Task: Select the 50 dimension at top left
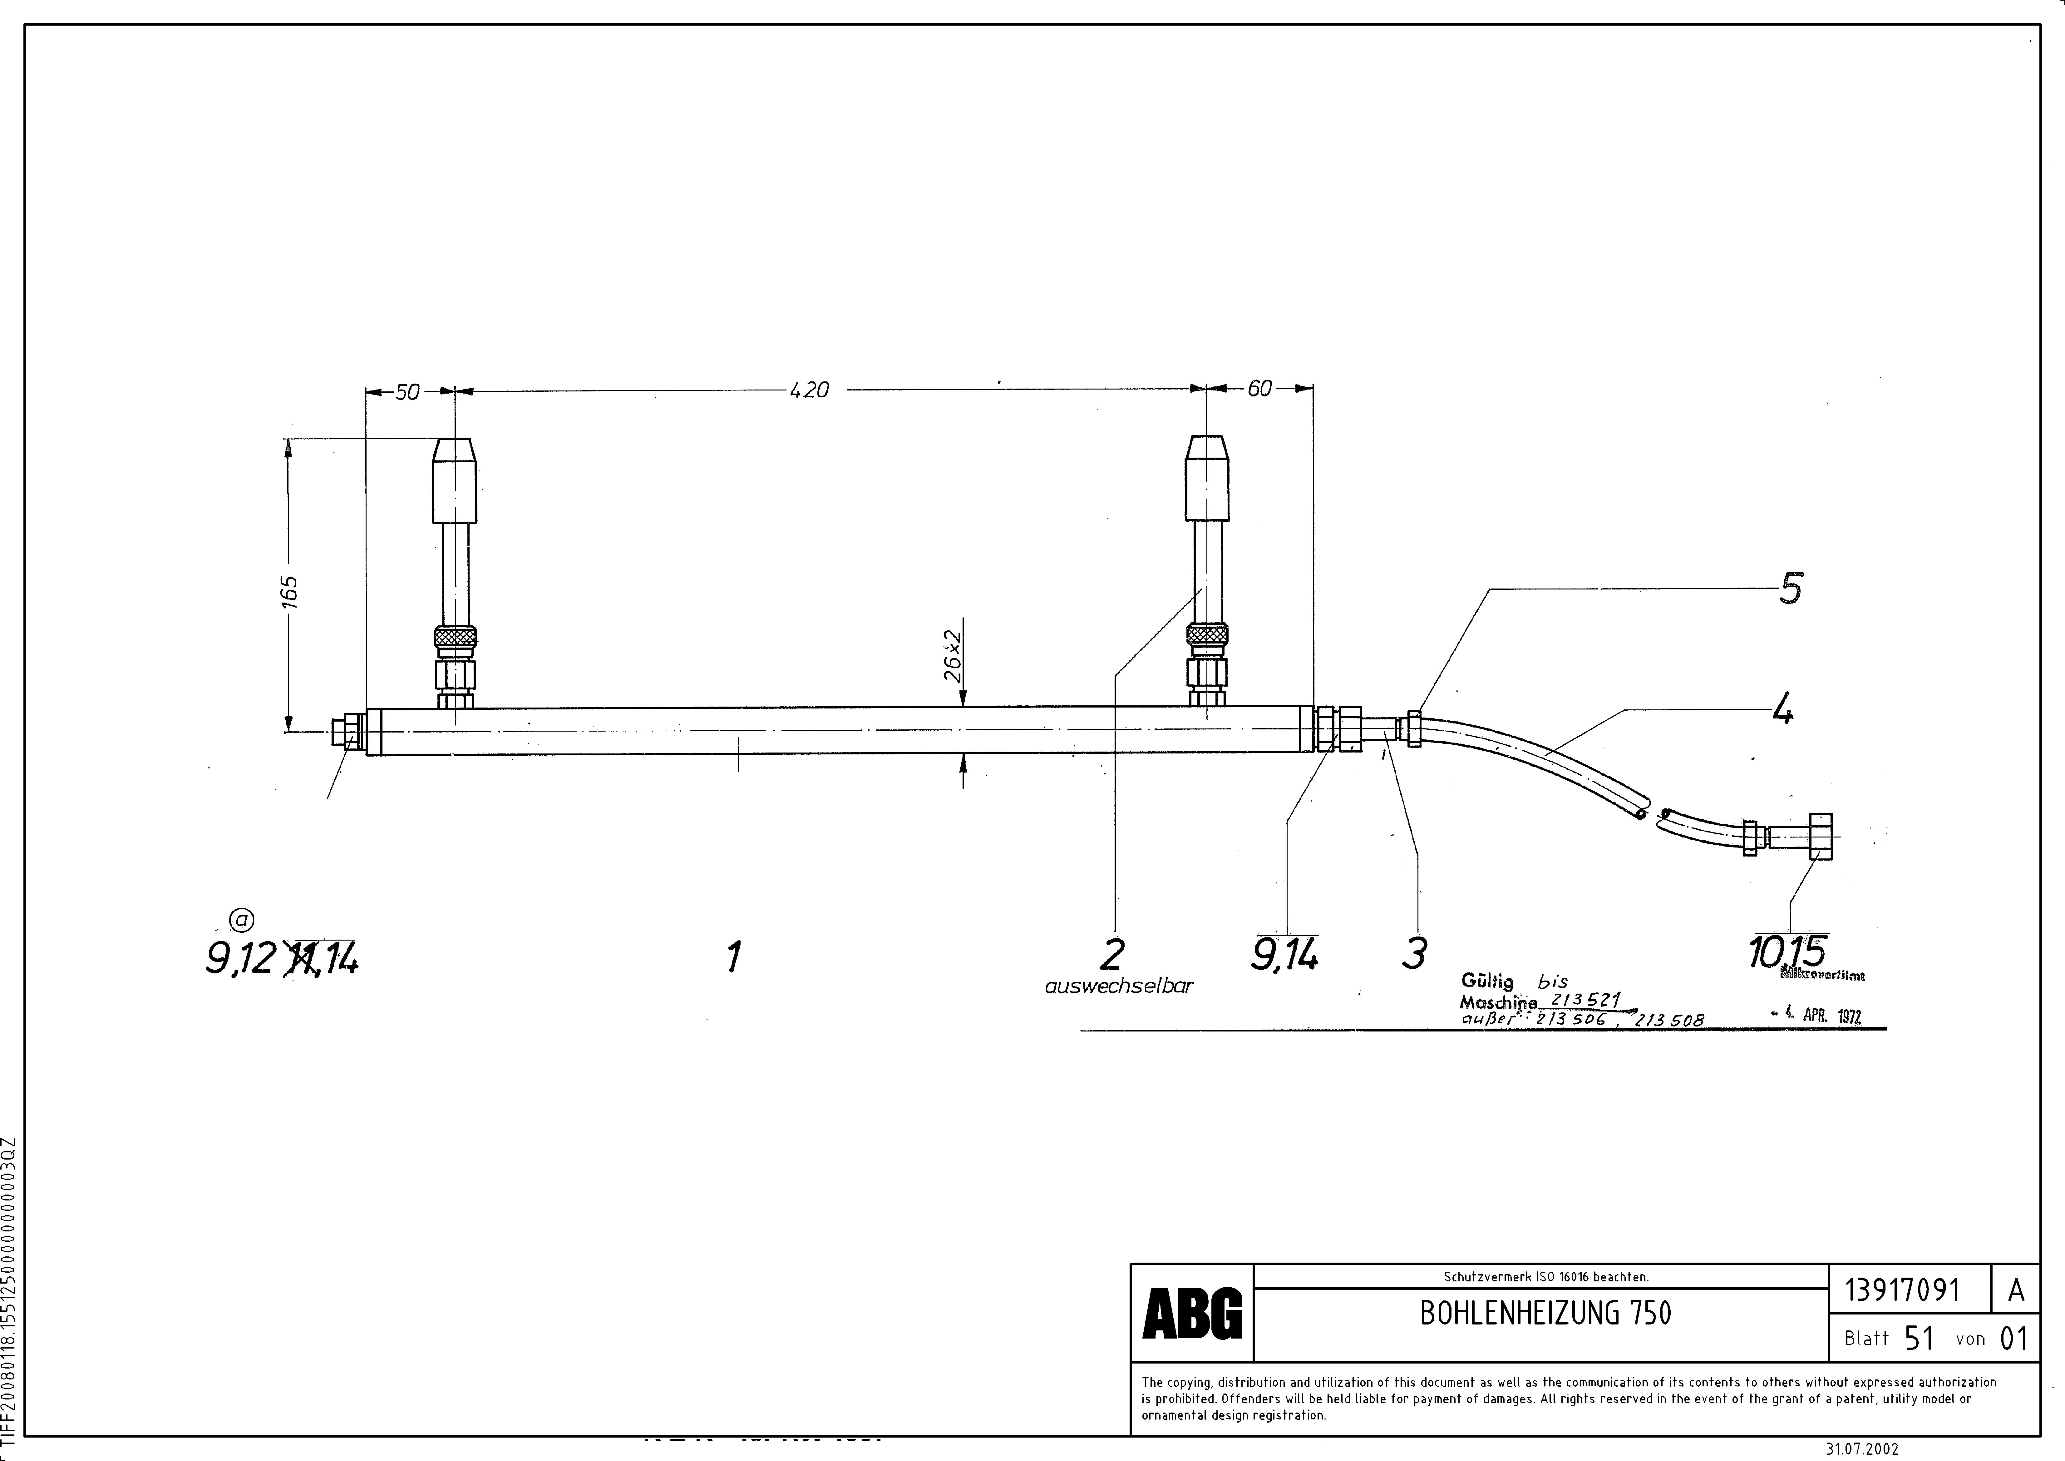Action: pos(407,392)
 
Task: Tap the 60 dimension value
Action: pos(1259,389)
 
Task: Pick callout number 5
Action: pos(1790,589)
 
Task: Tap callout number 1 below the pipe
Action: pos(734,956)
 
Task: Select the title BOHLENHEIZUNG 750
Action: pos(1545,1314)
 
